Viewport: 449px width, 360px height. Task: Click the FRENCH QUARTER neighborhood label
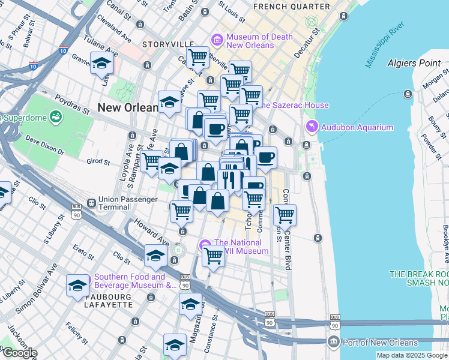point(292,7)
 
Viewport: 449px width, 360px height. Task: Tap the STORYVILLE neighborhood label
point(167,44)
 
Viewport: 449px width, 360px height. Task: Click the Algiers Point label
point(414,63)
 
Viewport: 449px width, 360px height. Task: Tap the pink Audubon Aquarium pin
point(312,127)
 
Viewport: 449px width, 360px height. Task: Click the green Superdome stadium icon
point(56,116)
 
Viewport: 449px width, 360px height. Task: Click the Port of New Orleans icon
point(334,343)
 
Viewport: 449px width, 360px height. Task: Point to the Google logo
point(19,353)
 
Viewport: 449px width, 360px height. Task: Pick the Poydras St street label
point(68,98)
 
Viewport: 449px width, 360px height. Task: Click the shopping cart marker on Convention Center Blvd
point(285,214)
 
